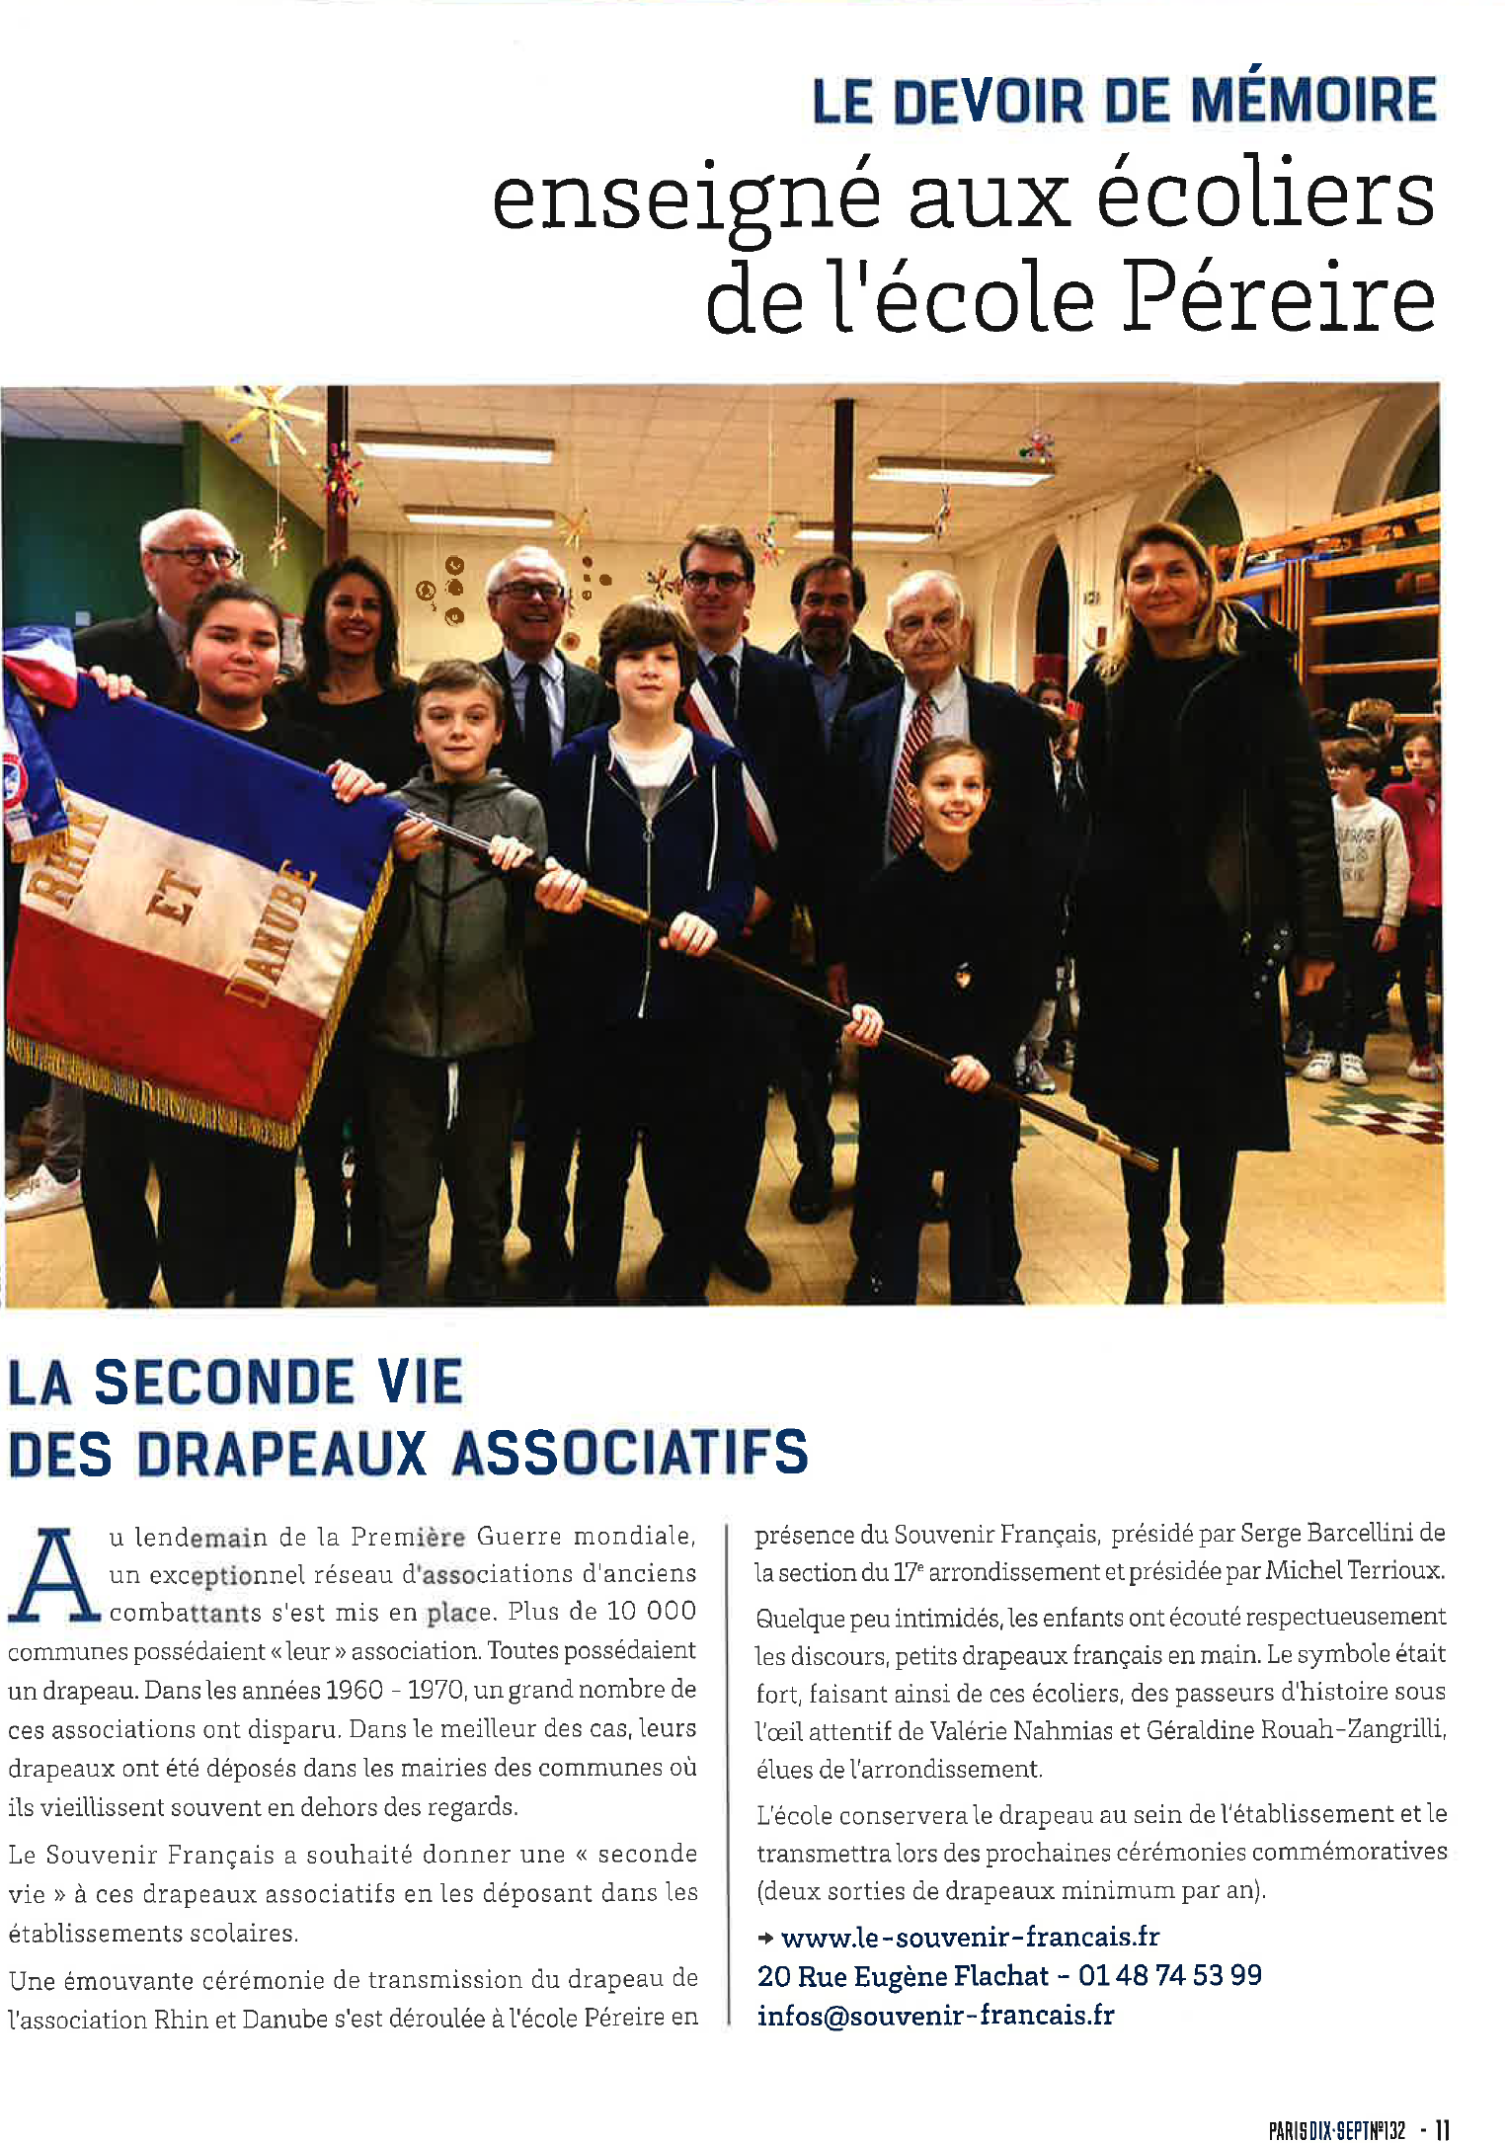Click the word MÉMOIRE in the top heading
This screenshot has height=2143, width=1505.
click(1312, 101)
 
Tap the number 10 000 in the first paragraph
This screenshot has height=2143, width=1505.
click(651, 1611)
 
